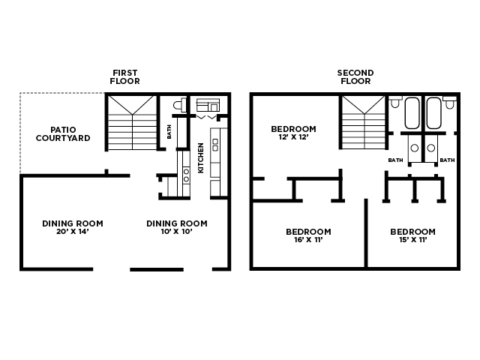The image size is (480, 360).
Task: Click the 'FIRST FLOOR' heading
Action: point(124,76)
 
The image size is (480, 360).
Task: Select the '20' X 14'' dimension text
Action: point(72,232)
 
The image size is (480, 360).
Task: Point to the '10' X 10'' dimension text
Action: point(176,232)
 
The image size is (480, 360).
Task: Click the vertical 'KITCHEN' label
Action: point(201,158)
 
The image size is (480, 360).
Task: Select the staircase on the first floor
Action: point(132,122)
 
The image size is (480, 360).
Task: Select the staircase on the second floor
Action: point(364,122)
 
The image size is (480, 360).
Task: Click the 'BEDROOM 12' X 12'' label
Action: point(293,133)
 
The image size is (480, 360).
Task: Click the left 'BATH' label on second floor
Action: point(395,160)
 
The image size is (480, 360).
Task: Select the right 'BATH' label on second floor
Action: point(447,160)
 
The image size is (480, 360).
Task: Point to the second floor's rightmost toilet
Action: point(450,102)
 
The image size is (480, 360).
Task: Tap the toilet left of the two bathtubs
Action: point(395,102)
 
